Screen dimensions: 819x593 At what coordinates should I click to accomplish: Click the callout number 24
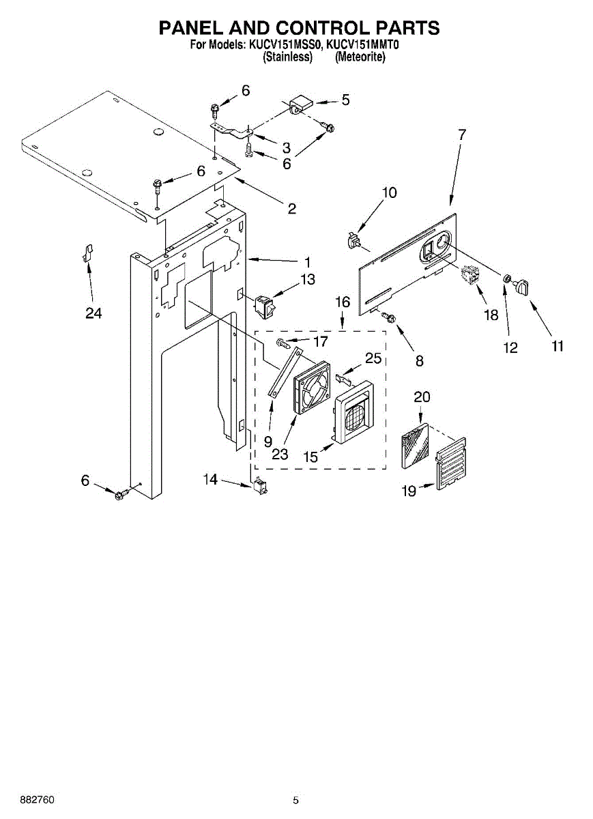click(93, 313)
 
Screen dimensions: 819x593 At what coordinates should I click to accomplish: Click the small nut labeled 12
click(507, 279)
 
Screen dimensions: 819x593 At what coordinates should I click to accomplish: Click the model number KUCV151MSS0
click(282, 46)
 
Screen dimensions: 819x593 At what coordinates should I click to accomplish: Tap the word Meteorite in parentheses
click(360, 57)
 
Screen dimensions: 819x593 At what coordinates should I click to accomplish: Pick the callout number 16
click(342, 302)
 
